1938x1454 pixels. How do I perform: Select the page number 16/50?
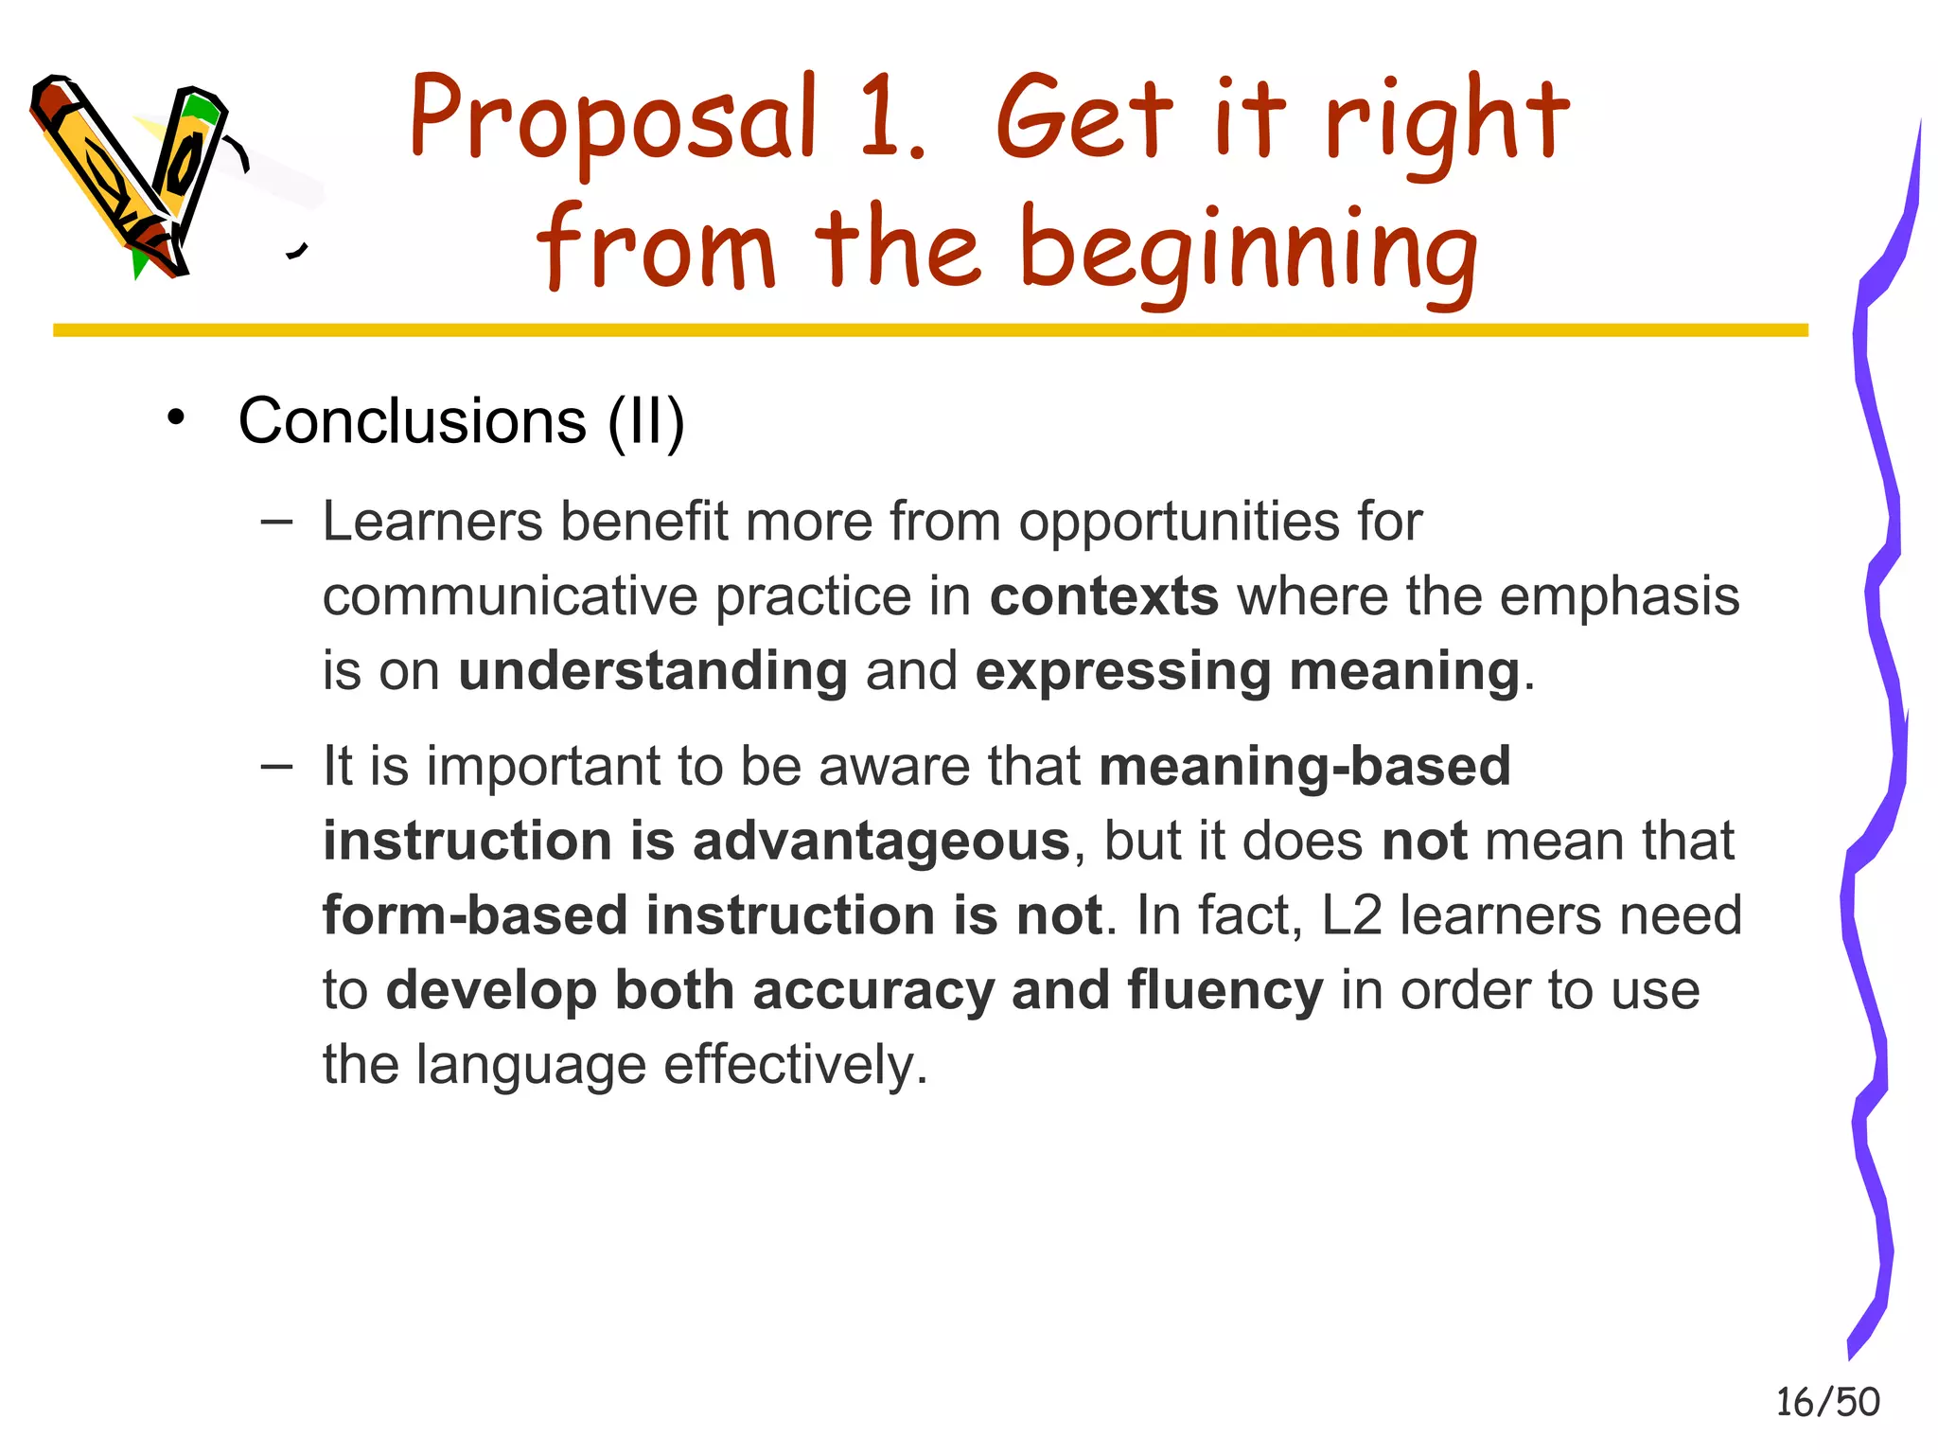pyautogui.click(x=1827, y=1402)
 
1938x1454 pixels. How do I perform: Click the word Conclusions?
pyautogui.click(x=412, y=420)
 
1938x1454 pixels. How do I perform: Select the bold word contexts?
pyautogui.click(x=1103, y=596)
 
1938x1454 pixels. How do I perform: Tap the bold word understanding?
pyautogui.click(x=652, y=671)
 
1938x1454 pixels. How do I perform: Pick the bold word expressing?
pyautogui.click(x=1123, y=671)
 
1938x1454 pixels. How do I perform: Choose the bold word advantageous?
pyautogui.click(x=880, y=841)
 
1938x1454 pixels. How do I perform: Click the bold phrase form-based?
pyautogui.click(x=475, y=915)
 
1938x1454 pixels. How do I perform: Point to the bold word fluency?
pyautogui.click(x=1224, y=990)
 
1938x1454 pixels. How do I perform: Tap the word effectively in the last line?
pyautogui.click(x=794, y=1065)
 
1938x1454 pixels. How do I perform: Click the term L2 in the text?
pyautogui.click(x=1350, y=915)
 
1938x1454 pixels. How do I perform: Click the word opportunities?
pyautogui.click(x=1179, y=523)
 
